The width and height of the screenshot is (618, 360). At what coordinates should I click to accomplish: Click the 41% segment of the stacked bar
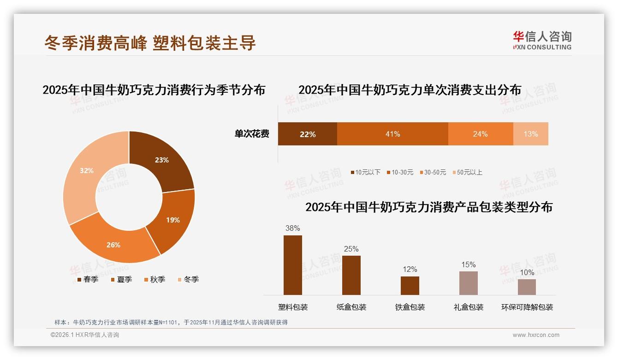coord(392,134)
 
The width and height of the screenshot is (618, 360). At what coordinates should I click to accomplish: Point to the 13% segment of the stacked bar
coord(530,134)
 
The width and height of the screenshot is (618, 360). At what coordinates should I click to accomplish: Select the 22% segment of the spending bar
coord(307,134)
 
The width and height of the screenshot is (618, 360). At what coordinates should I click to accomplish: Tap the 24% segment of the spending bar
coord(480,134)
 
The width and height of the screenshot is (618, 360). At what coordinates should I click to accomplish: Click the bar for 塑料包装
coord(292,265)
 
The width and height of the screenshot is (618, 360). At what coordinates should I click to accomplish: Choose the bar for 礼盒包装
coord(468,283)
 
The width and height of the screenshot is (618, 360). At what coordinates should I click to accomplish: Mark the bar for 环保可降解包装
coord(527,287)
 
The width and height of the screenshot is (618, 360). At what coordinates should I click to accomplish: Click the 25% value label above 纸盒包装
coord(351,249)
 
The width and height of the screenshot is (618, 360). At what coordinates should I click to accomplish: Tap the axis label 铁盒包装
coord(410,307)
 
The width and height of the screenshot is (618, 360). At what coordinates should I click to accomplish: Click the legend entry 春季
coord(88,279)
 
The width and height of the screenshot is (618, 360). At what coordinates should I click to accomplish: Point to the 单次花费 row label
coord(252,134)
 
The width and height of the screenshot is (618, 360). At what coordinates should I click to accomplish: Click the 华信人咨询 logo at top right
coord(542,40)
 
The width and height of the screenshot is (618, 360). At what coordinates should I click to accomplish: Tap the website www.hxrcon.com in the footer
coord(535,335)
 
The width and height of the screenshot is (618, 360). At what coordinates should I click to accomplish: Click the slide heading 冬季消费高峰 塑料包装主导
coord(150,43)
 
